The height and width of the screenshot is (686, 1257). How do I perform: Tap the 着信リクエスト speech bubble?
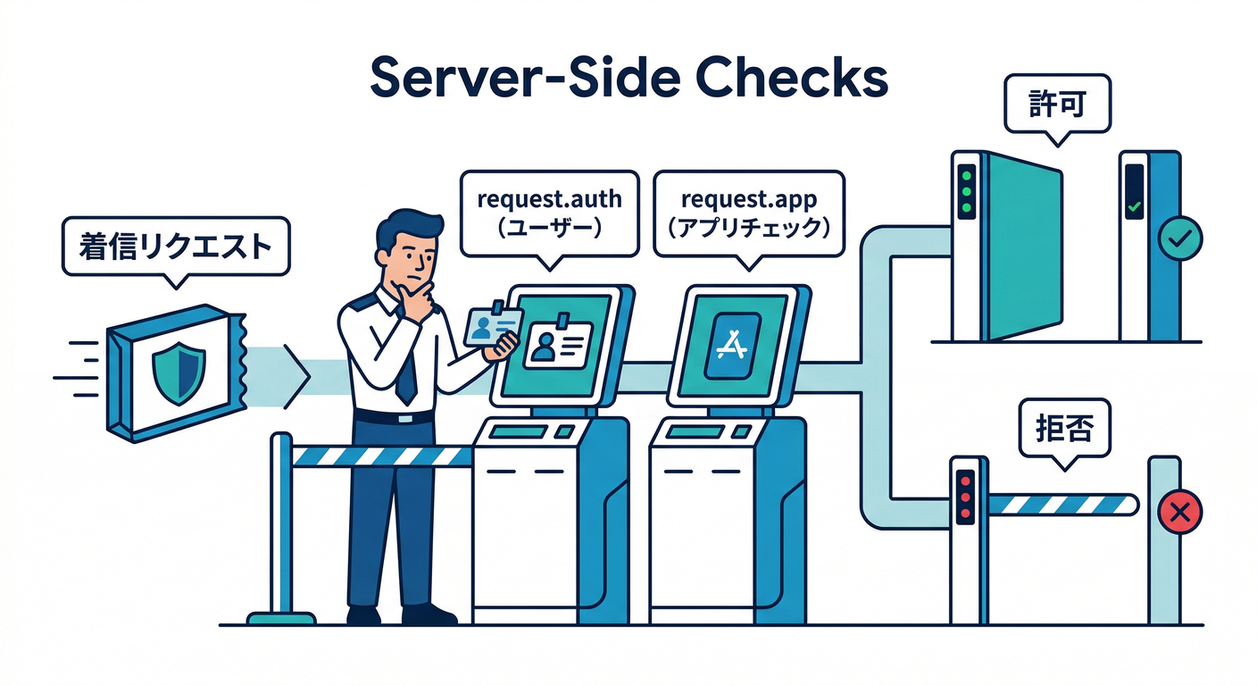pos(176,246)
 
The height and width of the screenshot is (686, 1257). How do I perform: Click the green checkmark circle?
pos(1179,238)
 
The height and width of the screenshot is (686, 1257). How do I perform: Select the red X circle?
pos(1179,512)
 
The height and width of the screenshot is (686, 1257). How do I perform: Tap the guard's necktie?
pos(405,366)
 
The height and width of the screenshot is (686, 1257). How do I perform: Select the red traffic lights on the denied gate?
pos(964,496)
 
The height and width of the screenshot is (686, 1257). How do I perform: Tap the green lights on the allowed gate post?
pos(965,190)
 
